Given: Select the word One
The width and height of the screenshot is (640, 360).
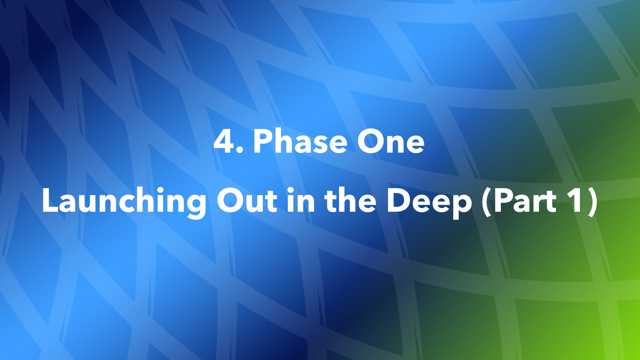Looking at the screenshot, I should pyautogui.click(x=390, y=141).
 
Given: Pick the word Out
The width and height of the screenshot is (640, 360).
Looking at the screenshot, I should pyautogui.click(x=247, y=201).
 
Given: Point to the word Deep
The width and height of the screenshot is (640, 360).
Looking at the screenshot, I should pyautogui.click(x=429, y=201).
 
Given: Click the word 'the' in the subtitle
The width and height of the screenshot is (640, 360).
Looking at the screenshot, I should pyautogui.click(x=350, y=201).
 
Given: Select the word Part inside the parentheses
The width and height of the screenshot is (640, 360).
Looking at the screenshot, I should pyautogui.click(x=524, y=201).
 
